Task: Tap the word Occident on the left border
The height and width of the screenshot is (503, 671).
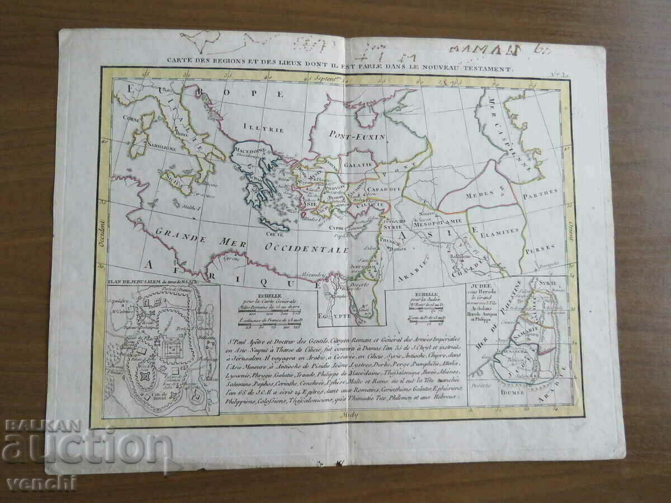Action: [x=102, y=234]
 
